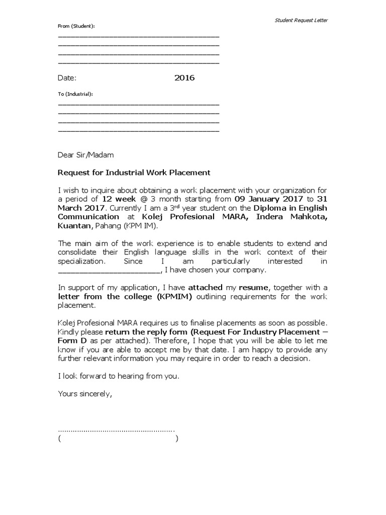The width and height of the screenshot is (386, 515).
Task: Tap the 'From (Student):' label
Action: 76,26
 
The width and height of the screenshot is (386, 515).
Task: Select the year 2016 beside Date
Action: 184,78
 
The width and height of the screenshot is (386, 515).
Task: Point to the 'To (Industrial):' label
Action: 75,94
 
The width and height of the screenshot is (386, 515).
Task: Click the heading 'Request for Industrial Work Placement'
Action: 134,173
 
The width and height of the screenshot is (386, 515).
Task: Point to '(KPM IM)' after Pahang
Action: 138,226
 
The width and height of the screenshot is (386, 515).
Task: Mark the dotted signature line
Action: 116,430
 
